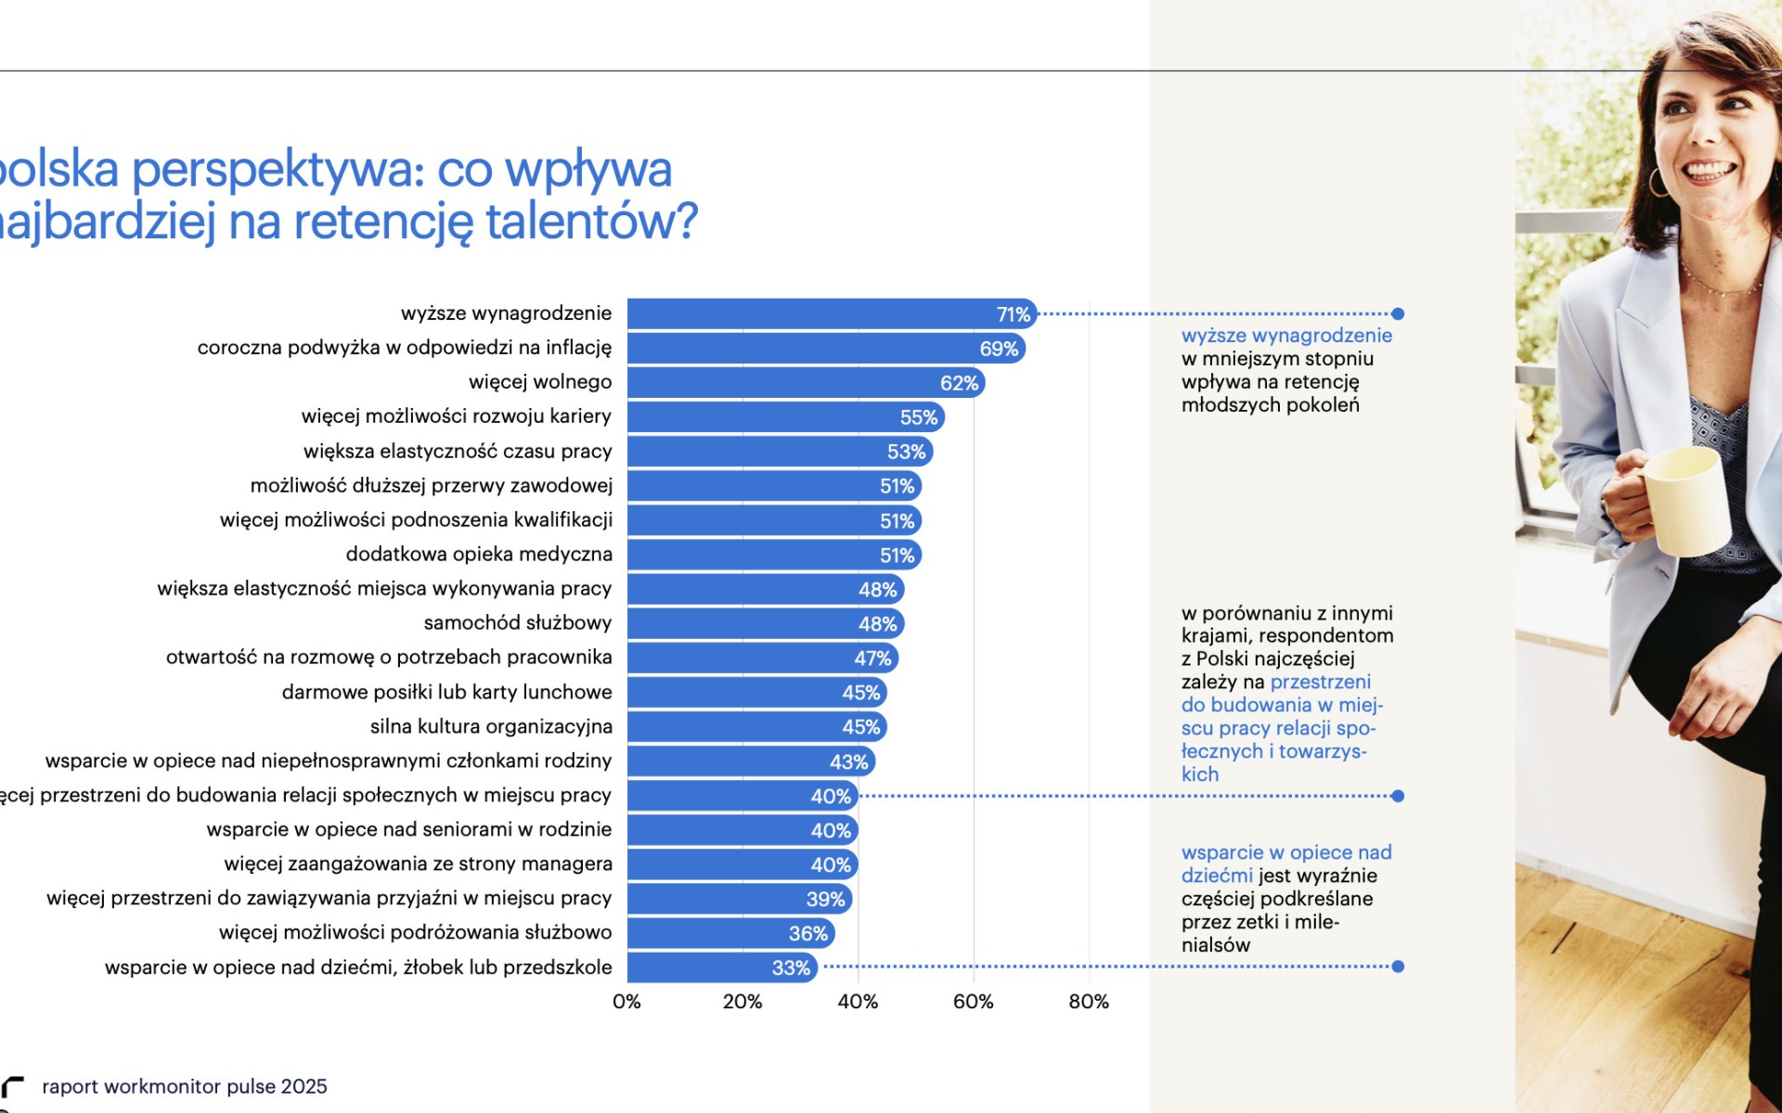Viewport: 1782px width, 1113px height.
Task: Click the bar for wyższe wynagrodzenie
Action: point(817,314)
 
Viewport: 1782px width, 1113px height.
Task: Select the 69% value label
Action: point(999,349)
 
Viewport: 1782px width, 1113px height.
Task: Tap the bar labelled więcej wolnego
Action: point(789,383)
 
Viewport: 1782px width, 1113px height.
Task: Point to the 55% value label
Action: point(918,417)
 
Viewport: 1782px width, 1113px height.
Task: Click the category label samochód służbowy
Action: point(517,622)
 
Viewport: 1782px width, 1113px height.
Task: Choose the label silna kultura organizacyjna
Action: point(490,726)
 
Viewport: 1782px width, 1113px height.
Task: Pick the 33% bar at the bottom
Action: point(705,967)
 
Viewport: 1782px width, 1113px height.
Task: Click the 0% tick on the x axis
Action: point(626,1002)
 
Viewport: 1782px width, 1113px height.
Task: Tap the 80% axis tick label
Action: point(1088,1002)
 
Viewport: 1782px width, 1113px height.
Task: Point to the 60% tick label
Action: point(973,1002)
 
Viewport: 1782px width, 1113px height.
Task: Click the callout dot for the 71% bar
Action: point(1398,314)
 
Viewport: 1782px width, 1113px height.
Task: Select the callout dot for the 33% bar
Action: point(1398,966)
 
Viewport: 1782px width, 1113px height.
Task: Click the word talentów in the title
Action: point(590,222)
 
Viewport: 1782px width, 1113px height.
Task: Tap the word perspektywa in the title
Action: point(277,170)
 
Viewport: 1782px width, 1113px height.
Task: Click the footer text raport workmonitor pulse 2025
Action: point(184,1086)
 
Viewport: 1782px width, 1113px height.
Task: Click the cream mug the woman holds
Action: point(1682,501)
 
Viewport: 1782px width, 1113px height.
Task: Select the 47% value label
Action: point(872,659)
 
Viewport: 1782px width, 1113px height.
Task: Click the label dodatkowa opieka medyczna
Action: point(478,555)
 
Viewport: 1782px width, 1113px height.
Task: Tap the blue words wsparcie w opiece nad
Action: point(1285,852)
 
